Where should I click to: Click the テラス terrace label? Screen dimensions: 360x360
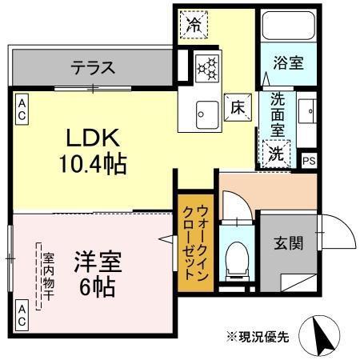pos(93,66)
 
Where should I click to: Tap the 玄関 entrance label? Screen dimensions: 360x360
pos(290,242)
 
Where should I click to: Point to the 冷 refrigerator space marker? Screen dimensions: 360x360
pos(194,24)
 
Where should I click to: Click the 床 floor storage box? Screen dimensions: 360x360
pos(237,105)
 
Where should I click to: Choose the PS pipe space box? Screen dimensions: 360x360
pos(309,159)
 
